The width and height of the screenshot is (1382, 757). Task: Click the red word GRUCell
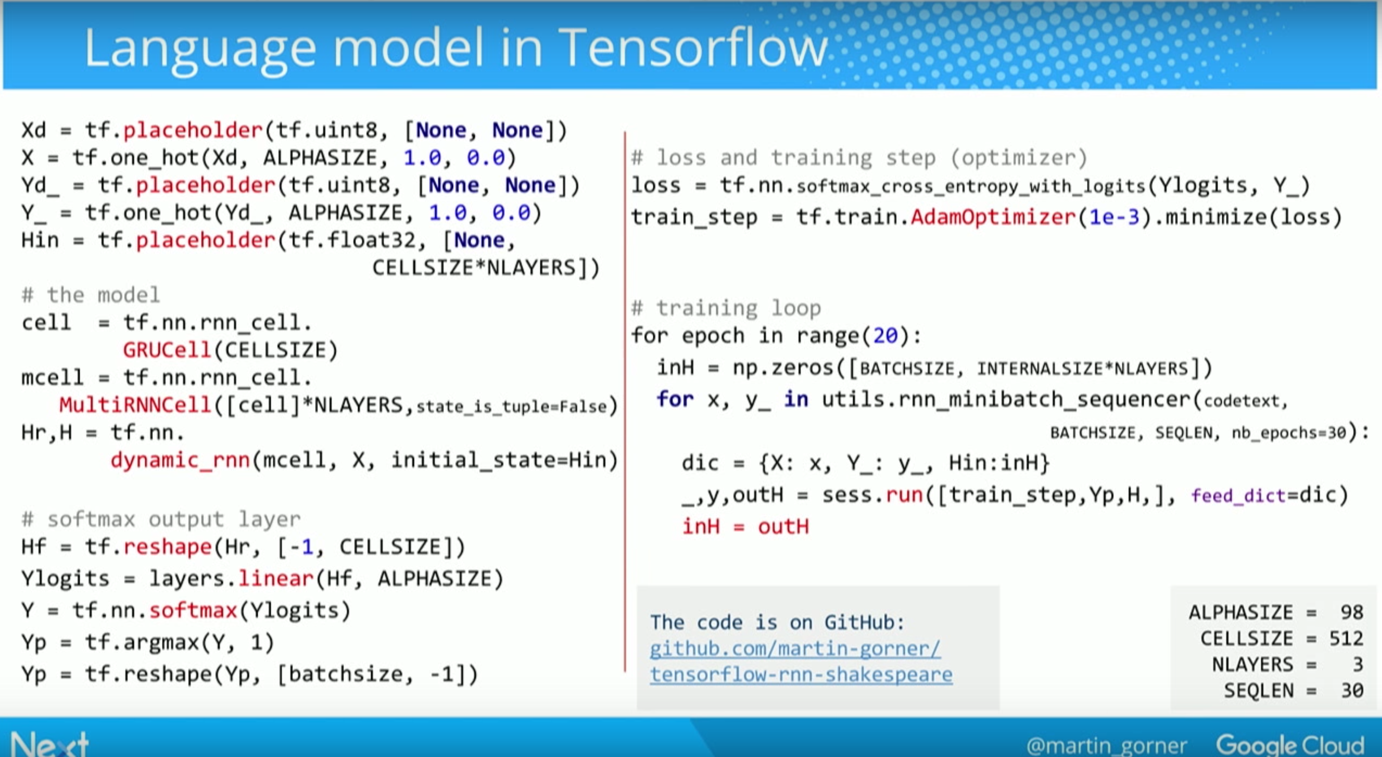pyautogui.click(x=167, y=350)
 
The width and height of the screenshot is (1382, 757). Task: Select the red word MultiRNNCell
pyautogui.click(x=135, y=405)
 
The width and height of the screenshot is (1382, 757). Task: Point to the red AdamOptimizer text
pyautogui.click(x=993, y=216)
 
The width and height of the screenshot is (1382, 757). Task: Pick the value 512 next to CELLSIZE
pyautogui.click(x=1346, y=638)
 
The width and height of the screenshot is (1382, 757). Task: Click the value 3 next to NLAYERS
pyautogui.click(x=1358, y=665)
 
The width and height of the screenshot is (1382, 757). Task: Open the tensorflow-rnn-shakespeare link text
pyautogui.click(x=801, y=675)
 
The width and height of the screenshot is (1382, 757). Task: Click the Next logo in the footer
pyautogui.click(x=49, y=744)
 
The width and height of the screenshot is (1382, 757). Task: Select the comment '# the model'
pyautogui.click(x=91, y=295)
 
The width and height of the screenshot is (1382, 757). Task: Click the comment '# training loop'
pyautogui.click(x=726, y=308)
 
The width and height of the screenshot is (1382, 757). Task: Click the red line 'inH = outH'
pyautogui.click(x=745, y=527)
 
